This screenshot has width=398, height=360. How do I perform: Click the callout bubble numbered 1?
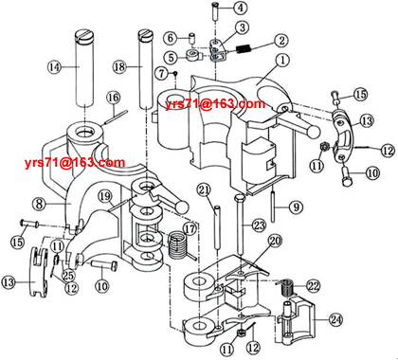282,59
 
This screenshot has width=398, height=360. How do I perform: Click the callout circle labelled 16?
113,97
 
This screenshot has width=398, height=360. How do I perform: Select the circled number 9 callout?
296,207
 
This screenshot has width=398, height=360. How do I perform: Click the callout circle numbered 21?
203,189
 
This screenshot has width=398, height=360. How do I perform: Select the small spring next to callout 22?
285,285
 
